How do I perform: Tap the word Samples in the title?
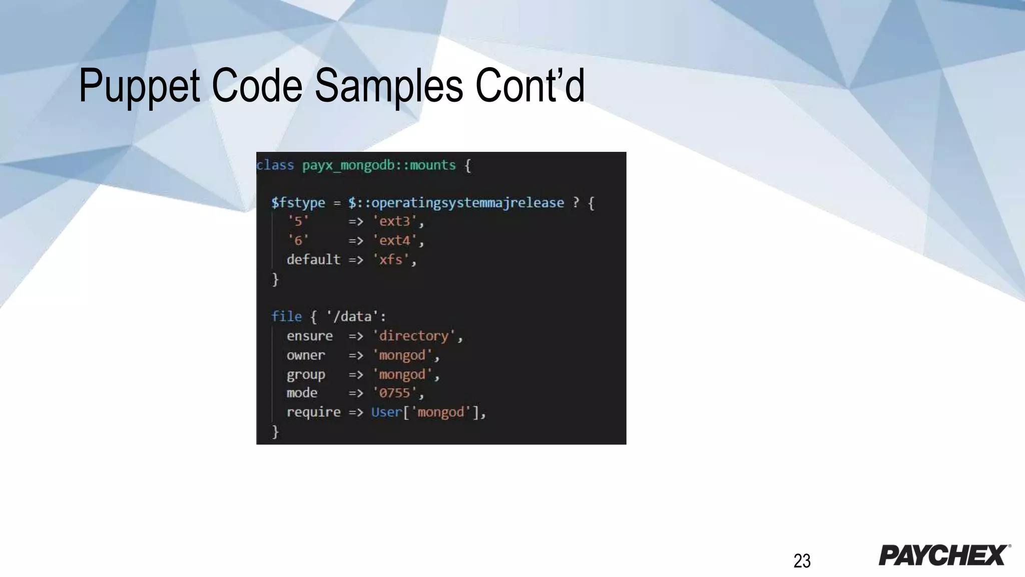(x=388, y=86)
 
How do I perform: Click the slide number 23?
(x=802, y=561)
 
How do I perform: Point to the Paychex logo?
(x=944, y=555)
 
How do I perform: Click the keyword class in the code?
(x=275, y=165)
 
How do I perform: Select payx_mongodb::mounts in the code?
(x=379, y=165)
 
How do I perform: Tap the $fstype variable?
(x=298, y=203)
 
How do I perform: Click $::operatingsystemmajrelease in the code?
(x=456, y=203)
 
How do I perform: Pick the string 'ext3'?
(x=395, y=221)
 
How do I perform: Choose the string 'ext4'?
(x=395, y=241)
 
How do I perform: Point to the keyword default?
(x=313, y=260)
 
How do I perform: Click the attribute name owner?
(x=306, y=356)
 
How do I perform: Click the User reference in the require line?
(x=386, y=412)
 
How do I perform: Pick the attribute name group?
(x=306, y=375)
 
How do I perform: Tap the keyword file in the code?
(x=286, y=317)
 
